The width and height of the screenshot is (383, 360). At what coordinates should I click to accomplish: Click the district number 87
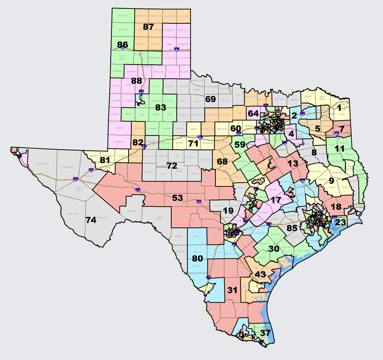click(x=148, y=27)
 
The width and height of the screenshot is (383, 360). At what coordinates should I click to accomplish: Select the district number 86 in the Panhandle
click(x=123, y=45)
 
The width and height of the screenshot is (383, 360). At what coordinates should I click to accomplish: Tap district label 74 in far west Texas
click(x=91, y=220)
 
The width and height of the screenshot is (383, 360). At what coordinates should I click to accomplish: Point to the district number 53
click(x=177, y=198)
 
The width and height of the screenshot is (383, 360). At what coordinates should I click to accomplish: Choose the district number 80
click(x=198, y=259)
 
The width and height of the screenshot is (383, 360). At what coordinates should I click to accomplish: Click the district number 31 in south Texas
click(x=232, y=290)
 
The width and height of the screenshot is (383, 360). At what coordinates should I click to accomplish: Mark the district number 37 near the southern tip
click(x=265, y=333)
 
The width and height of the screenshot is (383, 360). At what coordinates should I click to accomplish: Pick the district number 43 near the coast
click(x=260, y=274)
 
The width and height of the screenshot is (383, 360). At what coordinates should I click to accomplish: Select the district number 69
click(x=210, y=99)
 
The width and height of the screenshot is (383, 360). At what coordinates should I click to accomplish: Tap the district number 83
click(x=161, y=107)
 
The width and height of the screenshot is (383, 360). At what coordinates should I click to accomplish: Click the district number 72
click(x=172, y=165)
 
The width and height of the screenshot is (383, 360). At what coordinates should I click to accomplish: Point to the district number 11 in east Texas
click(x=340, y=149)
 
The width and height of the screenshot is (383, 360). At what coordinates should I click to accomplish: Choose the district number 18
click(x=336, y=207)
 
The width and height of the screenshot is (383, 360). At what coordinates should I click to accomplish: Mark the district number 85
click(x=292, y=228)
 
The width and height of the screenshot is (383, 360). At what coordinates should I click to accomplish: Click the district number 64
click(x=253, y=113)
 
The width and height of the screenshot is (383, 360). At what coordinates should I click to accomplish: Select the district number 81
click(x=105, y=160)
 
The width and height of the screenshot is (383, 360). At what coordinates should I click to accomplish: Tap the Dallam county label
click(x=123, y=16)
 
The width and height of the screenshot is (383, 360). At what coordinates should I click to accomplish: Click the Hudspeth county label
click(x=42, y=164)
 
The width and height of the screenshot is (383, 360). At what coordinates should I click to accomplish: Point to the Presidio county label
click(x=72, y=214)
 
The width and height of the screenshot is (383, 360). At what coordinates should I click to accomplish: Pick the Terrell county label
click(x=131, y=211)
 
